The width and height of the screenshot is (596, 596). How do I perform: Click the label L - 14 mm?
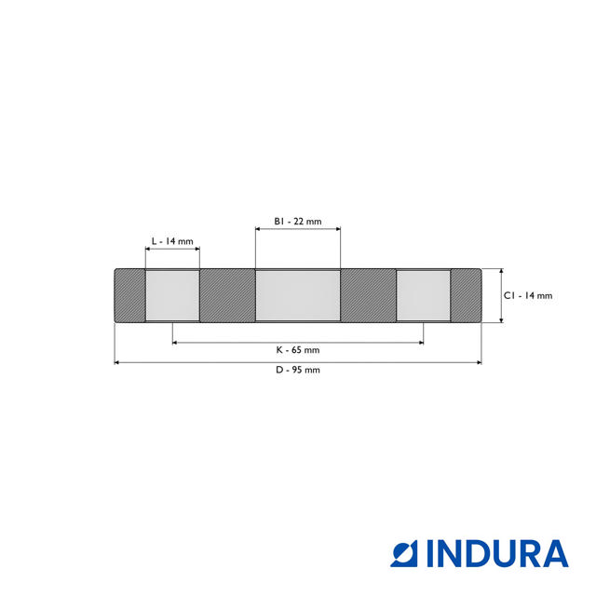172,241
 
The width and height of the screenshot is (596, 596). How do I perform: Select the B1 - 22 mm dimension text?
297,221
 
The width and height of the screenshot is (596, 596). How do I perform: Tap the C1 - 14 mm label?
528,295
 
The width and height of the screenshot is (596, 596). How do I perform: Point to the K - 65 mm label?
297,350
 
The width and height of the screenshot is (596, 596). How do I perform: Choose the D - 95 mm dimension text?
297,370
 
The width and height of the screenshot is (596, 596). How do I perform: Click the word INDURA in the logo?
497,553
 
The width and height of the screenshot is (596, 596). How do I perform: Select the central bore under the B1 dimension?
298,296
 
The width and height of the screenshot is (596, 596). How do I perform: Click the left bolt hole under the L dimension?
172,296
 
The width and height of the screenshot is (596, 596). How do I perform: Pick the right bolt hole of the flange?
424,296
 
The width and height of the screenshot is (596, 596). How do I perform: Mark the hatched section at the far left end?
129,296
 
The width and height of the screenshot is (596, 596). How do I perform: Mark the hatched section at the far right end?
467,296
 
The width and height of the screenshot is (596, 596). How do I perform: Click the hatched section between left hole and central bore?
227,296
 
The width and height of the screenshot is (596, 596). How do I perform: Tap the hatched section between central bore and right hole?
369,296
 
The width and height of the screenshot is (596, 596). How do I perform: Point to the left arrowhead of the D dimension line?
117,362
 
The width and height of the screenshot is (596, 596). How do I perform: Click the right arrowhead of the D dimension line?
479,362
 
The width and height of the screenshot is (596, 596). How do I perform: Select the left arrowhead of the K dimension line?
176,343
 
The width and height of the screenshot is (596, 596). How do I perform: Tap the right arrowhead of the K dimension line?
420,343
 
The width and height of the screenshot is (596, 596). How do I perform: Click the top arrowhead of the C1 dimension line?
501,272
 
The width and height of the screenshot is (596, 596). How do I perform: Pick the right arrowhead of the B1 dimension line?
337,230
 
